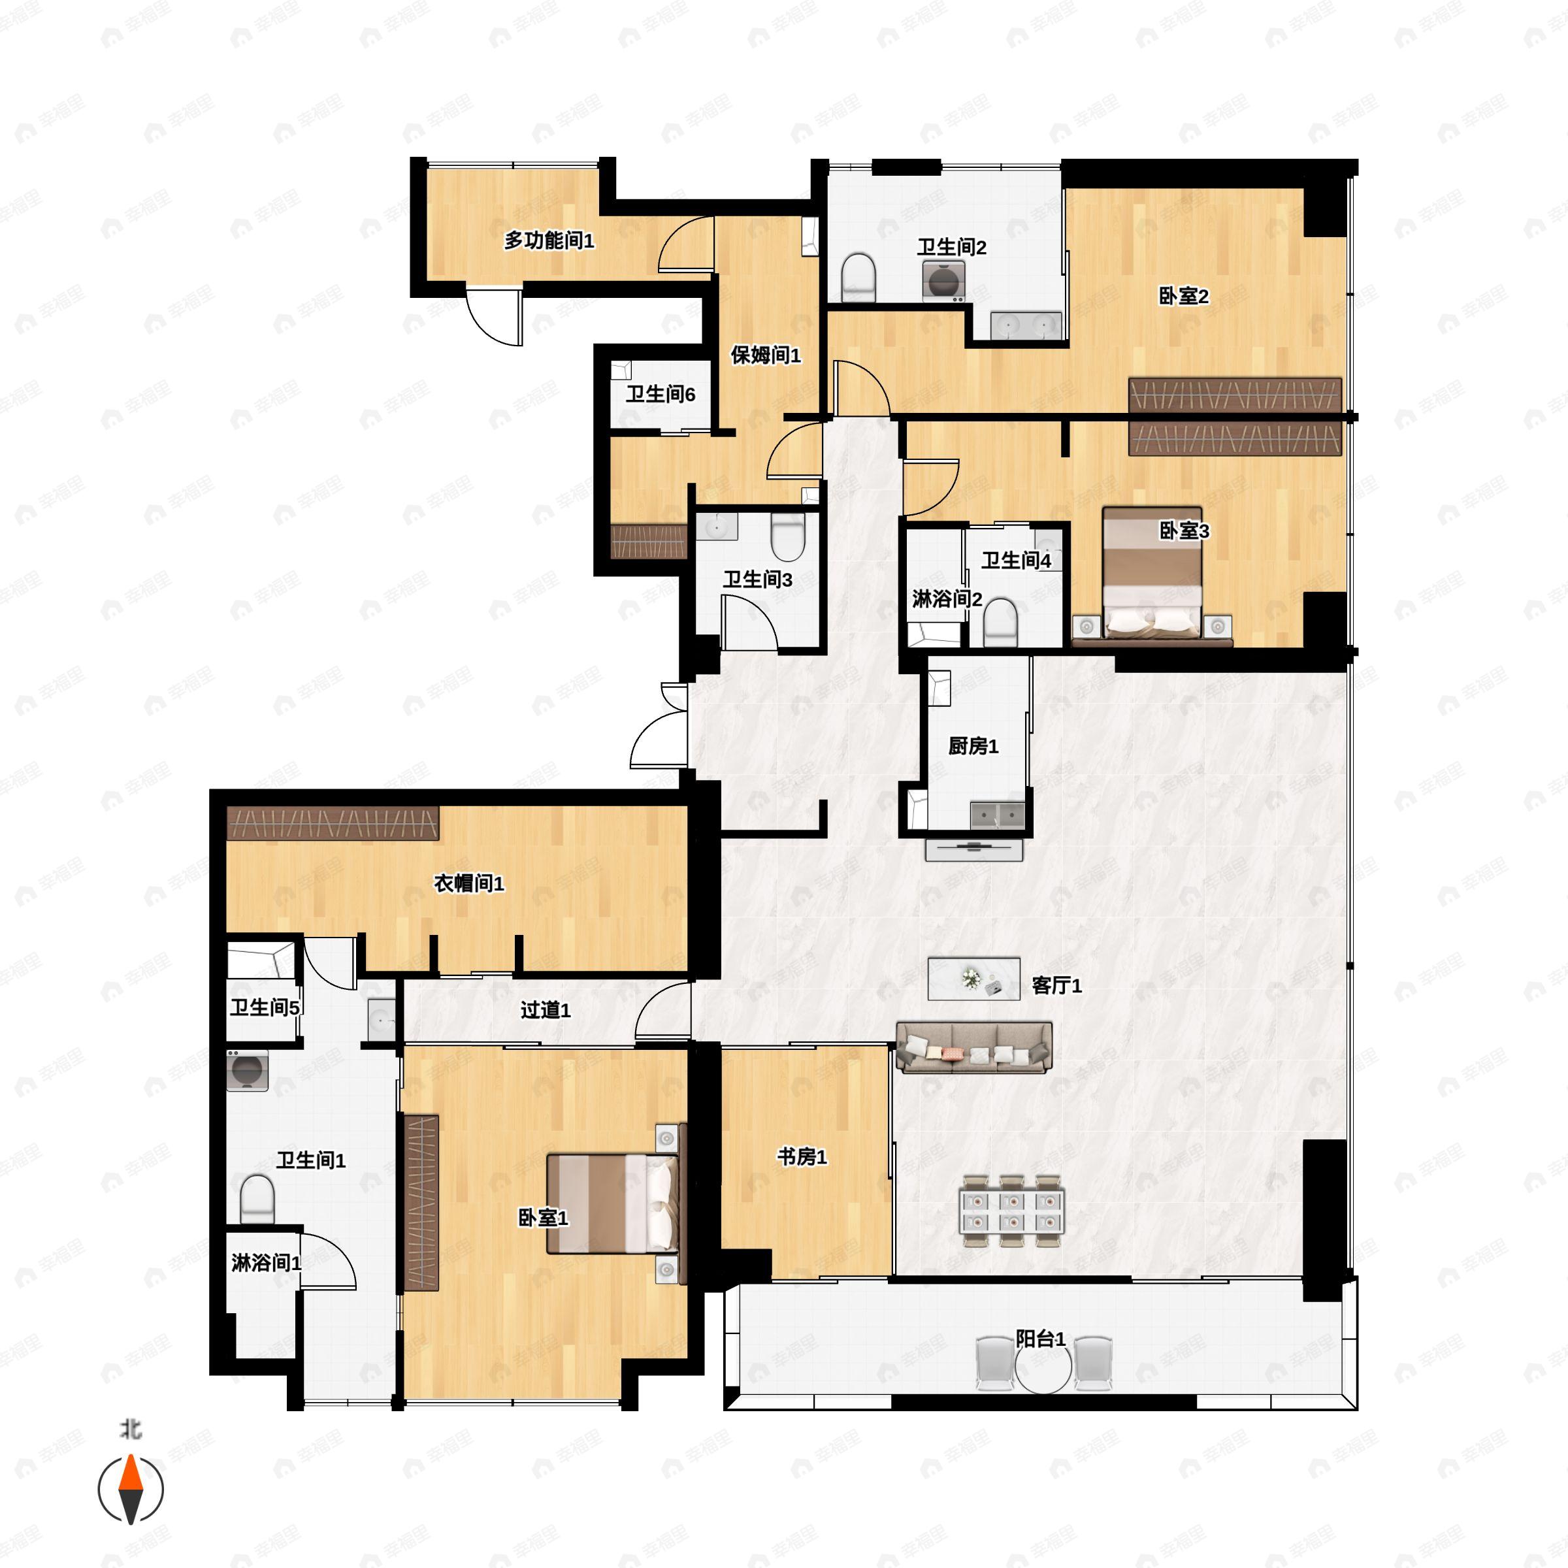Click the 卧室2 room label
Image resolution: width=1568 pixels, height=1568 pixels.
tap(1183, 296)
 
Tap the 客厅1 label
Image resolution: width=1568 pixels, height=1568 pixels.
tap(1056, 985)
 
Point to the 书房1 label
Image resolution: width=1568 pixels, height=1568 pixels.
tap(802, 1156)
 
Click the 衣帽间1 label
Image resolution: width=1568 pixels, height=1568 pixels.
tap(469, 883)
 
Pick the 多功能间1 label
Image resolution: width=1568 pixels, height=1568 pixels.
tap(549, 240)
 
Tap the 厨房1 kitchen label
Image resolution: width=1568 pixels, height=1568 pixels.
tap(973, 746)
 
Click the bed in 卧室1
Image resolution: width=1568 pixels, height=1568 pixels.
tap(613, 1204)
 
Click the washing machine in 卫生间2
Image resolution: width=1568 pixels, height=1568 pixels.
tap(943, 282)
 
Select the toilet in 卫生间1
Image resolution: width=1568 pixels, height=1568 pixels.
tap(258, 1199)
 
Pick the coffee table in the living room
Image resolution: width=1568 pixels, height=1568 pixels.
tap(974, 979)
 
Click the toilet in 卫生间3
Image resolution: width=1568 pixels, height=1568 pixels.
tap(787, 536)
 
